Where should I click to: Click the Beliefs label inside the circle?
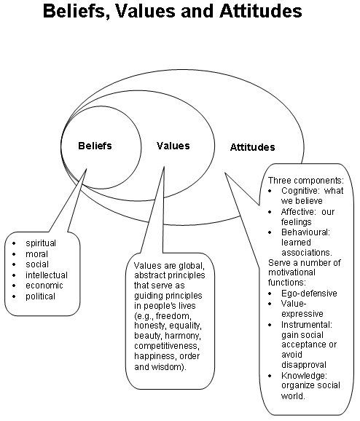(x=95, y=146)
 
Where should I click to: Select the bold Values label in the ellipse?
(x=173, y=146)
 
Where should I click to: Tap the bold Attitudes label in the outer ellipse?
(x=253, y=147)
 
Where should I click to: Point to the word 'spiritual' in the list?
(x=41, y=243)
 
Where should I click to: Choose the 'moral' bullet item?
(x=37, y=254)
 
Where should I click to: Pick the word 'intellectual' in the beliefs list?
(x=47, y=275)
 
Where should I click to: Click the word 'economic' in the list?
(x=44, y=286)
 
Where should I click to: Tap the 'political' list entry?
(x=40, y=296)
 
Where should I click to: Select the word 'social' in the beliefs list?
(x=37, y=264)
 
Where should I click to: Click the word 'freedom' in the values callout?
(x=173, y=315)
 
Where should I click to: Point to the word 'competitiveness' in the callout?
(x=167, y=346)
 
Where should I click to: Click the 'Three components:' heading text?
(x=306, y=180)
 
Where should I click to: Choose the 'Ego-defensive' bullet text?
(x=309, y=294)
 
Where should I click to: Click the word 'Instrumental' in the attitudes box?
(x=307, y=325)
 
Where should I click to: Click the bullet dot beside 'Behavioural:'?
(x=270, y=232)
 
